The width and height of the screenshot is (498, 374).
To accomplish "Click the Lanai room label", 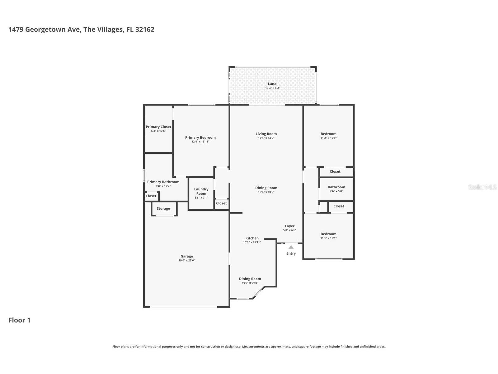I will [272, 84].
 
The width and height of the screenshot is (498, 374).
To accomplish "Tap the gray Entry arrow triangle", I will [291, 247].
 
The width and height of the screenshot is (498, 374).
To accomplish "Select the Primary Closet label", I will [158, 127].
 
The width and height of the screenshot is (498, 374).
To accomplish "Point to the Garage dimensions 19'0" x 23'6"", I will [187, 261].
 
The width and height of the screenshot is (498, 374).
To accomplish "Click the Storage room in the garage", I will [163, 209].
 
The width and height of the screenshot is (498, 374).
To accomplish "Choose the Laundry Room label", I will [201, 191].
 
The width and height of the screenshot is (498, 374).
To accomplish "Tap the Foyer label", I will [289, 226].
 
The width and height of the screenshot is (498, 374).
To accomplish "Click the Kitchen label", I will [252, 238].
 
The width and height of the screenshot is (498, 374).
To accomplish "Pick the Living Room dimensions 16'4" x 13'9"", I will [266, 138].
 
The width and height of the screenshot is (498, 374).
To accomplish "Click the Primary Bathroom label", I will [163, 182].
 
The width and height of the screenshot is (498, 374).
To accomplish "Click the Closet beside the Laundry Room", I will [221, 203].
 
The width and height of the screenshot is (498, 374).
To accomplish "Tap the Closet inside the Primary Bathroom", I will [151, 196].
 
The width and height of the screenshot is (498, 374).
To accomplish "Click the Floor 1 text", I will [19, 320].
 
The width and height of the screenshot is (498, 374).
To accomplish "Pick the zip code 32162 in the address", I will [145, 30].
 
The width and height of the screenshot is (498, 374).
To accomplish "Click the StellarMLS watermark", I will [482, 187].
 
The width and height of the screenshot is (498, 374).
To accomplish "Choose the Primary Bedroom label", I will [200, 137].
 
